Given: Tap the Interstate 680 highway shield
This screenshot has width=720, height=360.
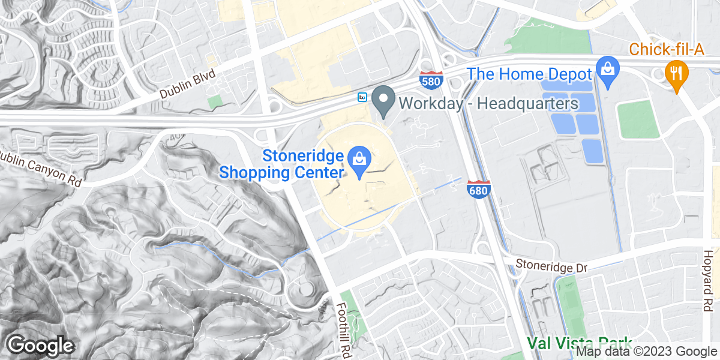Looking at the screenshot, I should click(478, 189).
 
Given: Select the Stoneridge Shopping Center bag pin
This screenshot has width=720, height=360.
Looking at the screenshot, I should click(359, 162).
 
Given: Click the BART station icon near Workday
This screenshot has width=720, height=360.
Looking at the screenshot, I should click(362, 97).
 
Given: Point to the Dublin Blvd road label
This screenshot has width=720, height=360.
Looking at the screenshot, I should click(187, 85).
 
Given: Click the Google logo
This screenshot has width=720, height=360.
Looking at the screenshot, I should click(40, 346).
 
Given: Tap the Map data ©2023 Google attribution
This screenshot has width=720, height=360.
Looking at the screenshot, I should click(647, 352).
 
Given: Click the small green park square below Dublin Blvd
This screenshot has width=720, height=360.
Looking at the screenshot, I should click(214, 101).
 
